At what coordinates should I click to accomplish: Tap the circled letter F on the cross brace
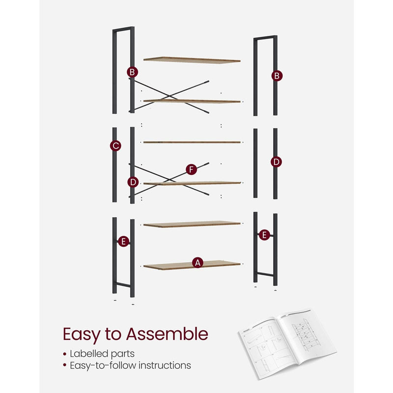(x=192, y=170)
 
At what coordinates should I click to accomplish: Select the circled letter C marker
(x=116, y=145)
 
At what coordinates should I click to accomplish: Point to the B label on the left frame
(x=132, y=72)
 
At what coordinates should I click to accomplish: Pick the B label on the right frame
(x=277, y=76)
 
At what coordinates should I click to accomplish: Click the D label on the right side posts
(x=277, y=162)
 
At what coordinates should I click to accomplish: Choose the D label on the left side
(x=133, y=182)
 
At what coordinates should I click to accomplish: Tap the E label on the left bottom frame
(x=124, y=241)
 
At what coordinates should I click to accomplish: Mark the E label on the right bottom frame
(x=264, y=235)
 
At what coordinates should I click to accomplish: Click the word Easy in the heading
(x=81, y=335)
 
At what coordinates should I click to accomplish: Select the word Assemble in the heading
(x=168, y=335)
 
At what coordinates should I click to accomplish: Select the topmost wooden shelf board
(x=192, y=60)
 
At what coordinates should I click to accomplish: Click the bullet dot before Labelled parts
(x=65, y=354)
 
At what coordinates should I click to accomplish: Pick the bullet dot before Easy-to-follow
(x=65, y=366)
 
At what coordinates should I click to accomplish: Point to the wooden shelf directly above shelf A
(x=192, y=224)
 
